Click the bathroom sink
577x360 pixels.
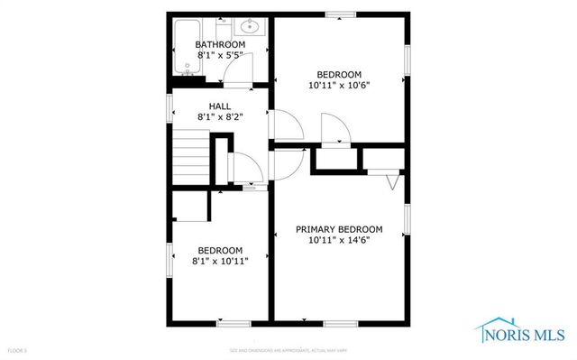click(251, 26)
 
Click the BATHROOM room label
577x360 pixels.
click(220, 45)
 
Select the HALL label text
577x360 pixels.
click(220, 106)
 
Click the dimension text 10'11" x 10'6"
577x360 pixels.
click(339, 85)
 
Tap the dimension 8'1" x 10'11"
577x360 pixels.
click(220, 261)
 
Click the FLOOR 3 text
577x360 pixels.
click(17, 348)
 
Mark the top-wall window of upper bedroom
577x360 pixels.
click(339, 14)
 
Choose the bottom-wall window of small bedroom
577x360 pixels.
click(233, 323)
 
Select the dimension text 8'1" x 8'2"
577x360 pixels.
click(220, 116)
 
